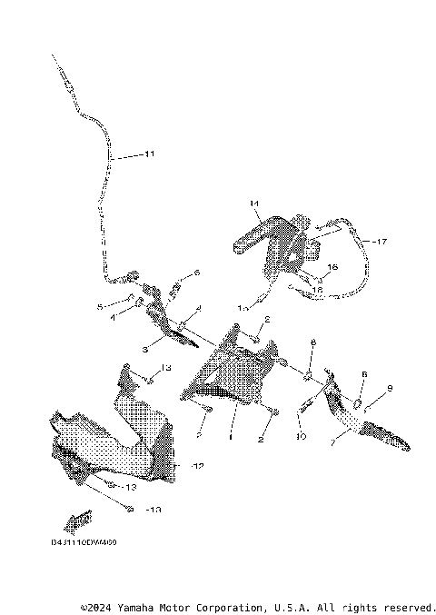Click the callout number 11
149,155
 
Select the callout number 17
379,243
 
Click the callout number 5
100,307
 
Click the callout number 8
312,342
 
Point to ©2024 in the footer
96,607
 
